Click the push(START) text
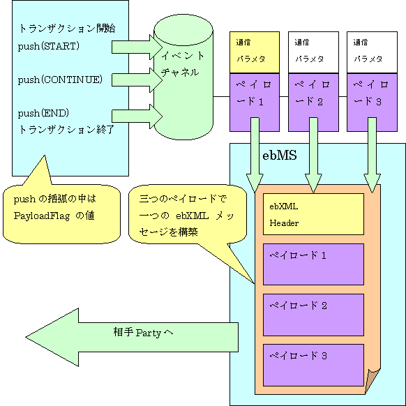tap(48, 46)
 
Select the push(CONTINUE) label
tap(60, 80)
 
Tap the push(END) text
tap(43, 113)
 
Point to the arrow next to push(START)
tap(137, 47)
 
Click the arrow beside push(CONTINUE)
tap(137, 80)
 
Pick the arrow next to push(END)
tap(137, 116)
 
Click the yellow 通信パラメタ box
tap(255, 52)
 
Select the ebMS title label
tap(280, 155)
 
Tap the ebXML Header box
tap(313, 214)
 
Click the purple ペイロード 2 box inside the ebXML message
tap(313, 315)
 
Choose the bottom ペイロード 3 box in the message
tap(313, 365)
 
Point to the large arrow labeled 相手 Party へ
tap(132, 337)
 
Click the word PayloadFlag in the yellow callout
tap(42, 216)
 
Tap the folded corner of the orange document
tap(373, 381)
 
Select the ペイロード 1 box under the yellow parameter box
tap(255, 103)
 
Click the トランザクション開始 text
tap(67, 28)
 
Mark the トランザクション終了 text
tap(66, 129)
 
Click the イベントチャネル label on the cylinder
tap(182, 64)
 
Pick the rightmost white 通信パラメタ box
tap(372, 52)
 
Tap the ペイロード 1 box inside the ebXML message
tap(313, 264)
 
